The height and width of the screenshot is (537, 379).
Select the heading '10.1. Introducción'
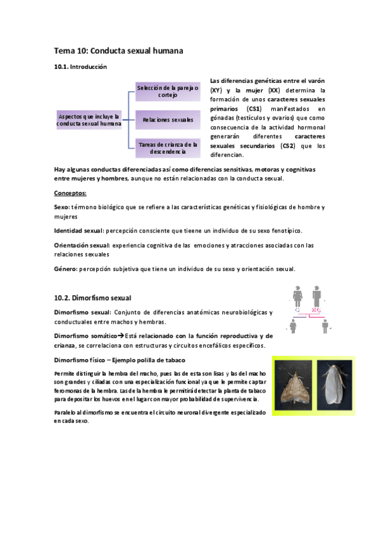(81, 66)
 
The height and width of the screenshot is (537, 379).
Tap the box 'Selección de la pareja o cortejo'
(168, 91)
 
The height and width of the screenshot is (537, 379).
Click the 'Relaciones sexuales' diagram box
(168, 119)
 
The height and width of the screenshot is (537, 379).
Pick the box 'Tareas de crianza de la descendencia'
(168, 148)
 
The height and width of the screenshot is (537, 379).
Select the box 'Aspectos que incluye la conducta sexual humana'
(90, 120)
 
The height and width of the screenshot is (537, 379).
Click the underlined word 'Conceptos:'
(71, 193)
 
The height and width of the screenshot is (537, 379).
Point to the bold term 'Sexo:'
(63, 207)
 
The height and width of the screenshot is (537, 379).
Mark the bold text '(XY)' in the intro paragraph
(216, 91)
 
